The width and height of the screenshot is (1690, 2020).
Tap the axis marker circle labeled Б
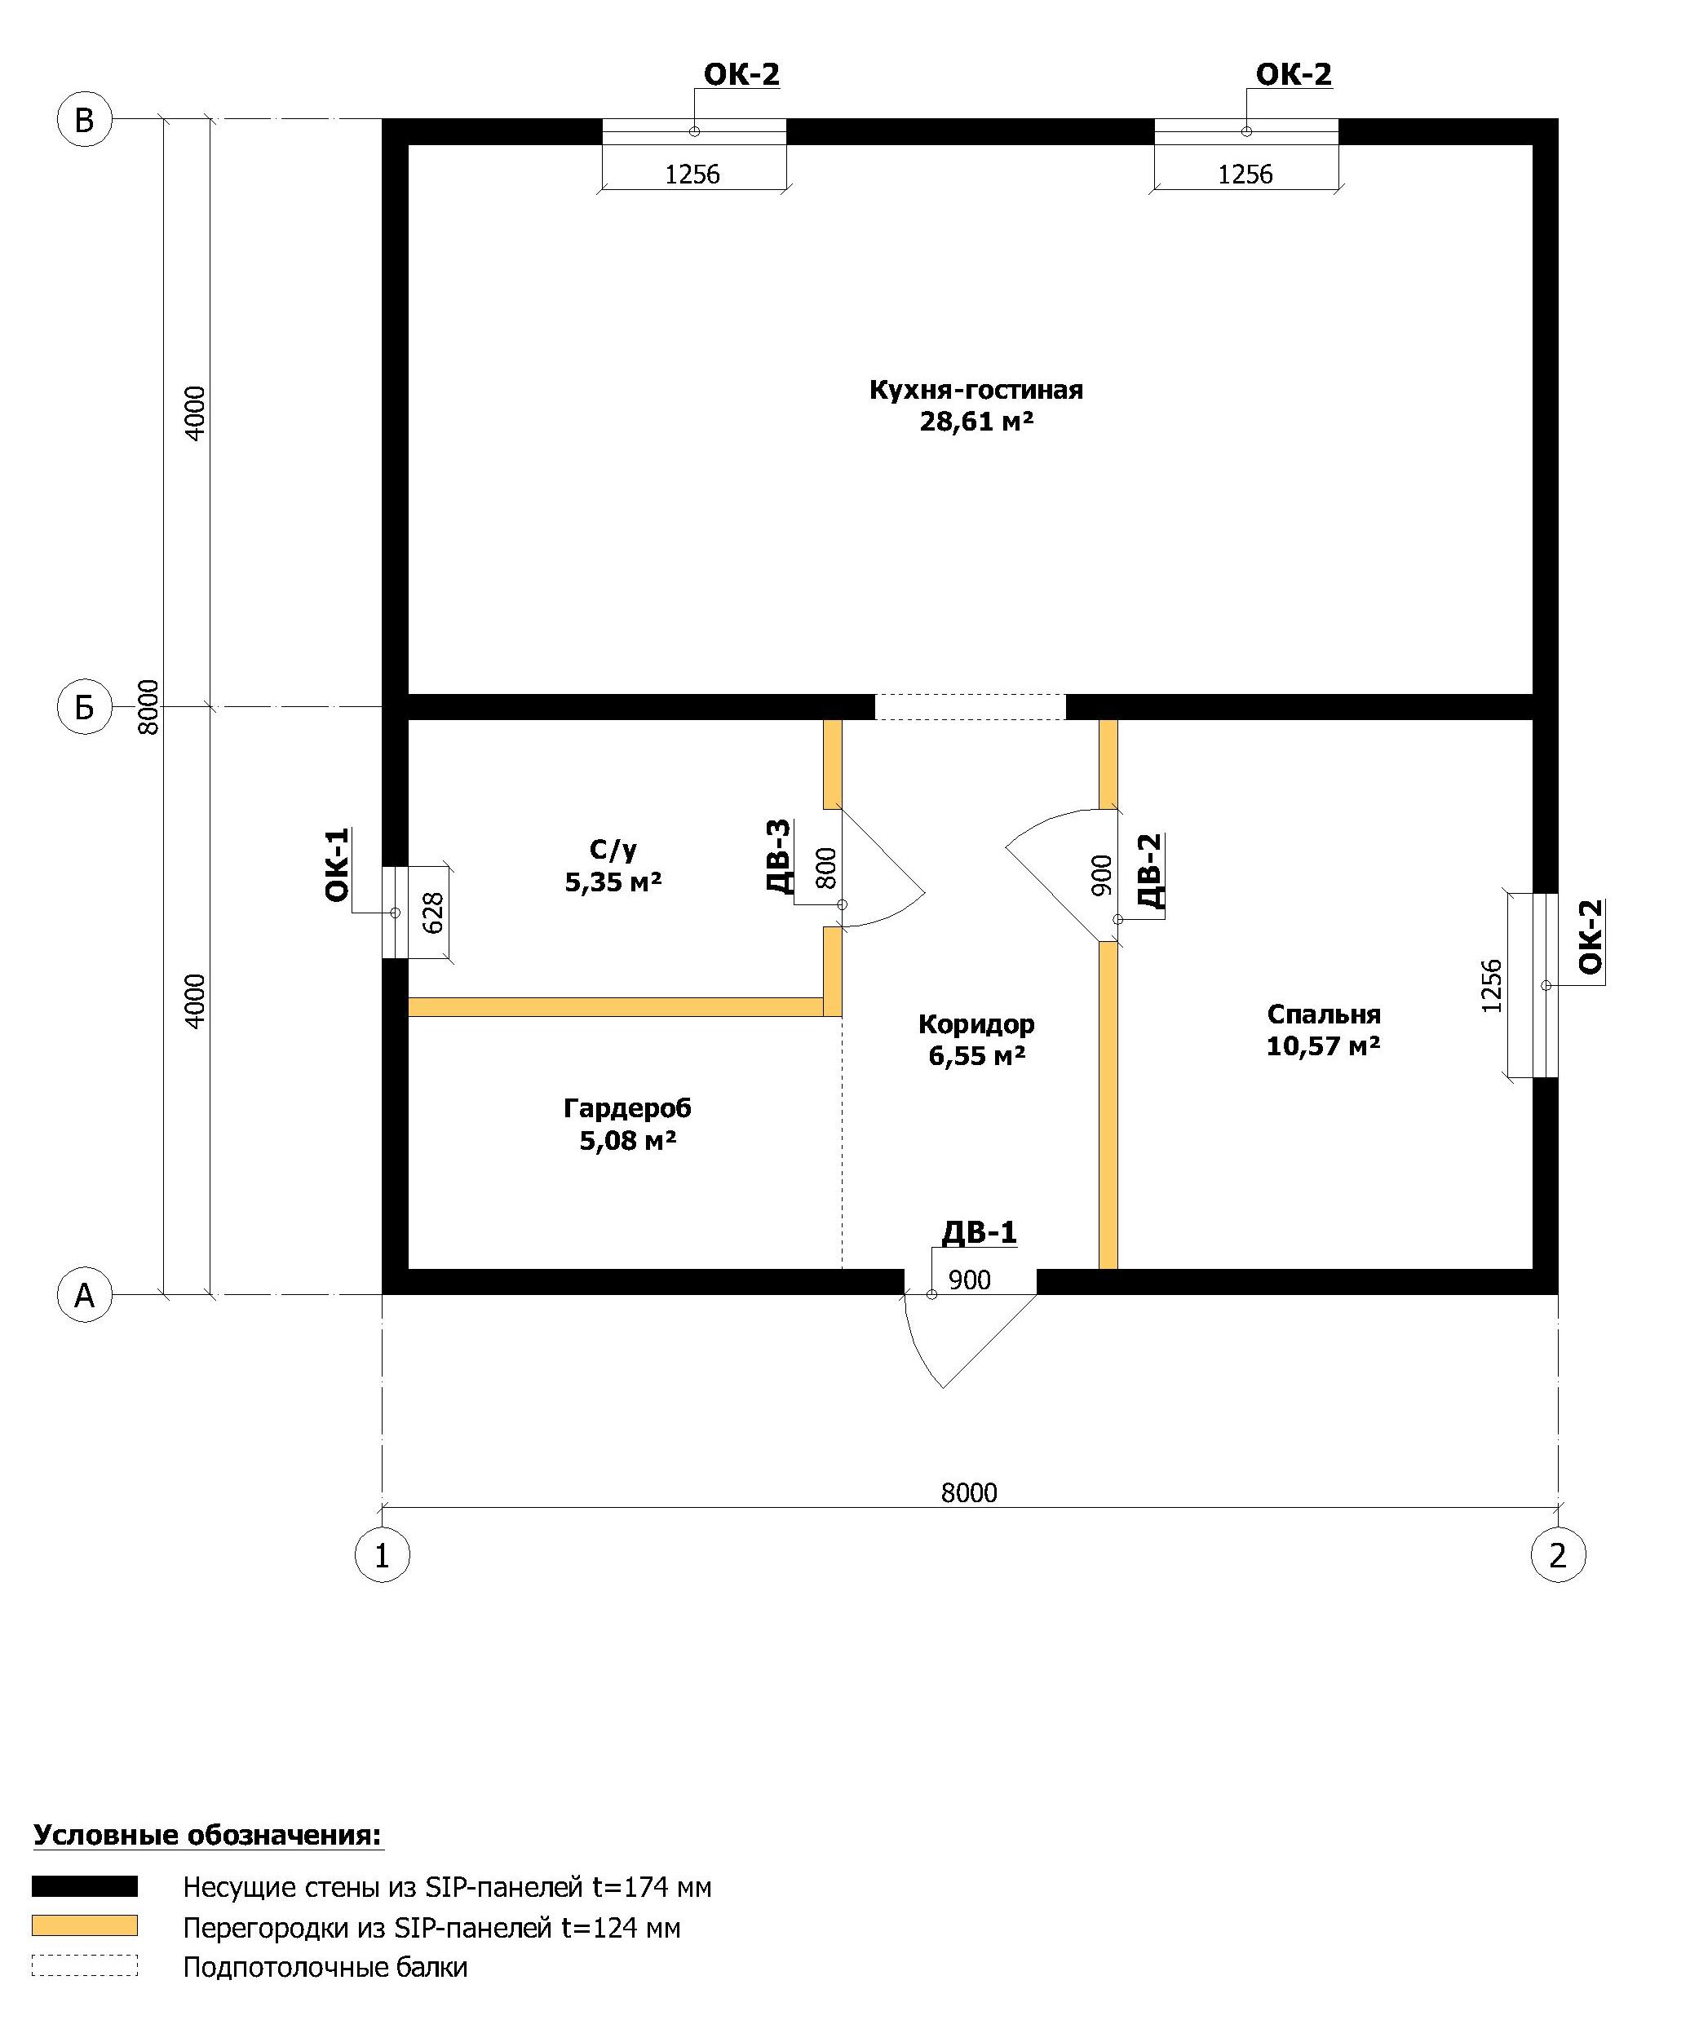click(85, 707)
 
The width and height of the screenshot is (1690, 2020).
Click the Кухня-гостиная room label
click(976, 390)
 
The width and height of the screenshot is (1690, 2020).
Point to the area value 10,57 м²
click(1324, 1045)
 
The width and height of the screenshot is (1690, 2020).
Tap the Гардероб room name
click(627, 1108)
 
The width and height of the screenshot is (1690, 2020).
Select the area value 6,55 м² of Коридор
click(976, 1055)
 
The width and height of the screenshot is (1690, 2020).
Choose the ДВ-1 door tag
click(980, 1232)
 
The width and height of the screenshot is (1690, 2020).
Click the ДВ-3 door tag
click(779, 856)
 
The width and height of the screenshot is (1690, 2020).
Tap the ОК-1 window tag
click(338, 864)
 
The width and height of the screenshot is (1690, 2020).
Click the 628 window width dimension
click(433, 913)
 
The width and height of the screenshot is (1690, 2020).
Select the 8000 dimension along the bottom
click(969, 1492)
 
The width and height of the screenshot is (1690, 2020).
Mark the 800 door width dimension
click(826, 867)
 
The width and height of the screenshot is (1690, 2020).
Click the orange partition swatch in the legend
click(85, 1925)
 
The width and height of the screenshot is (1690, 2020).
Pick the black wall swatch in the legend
click(85, 1885)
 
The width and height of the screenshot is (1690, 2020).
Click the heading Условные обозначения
click(208, 1834)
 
